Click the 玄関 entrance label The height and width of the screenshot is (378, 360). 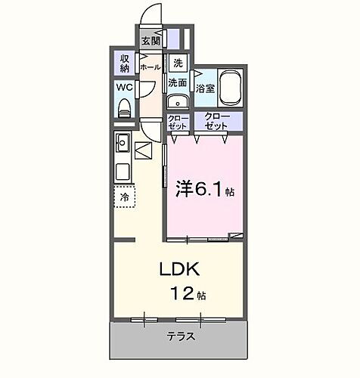[150, 41]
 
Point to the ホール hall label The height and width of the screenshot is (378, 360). [150, 67]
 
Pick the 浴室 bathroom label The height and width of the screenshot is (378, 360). [204, 88]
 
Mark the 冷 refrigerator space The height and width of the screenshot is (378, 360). [125, 197]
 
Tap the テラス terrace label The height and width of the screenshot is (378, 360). [180, 336]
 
